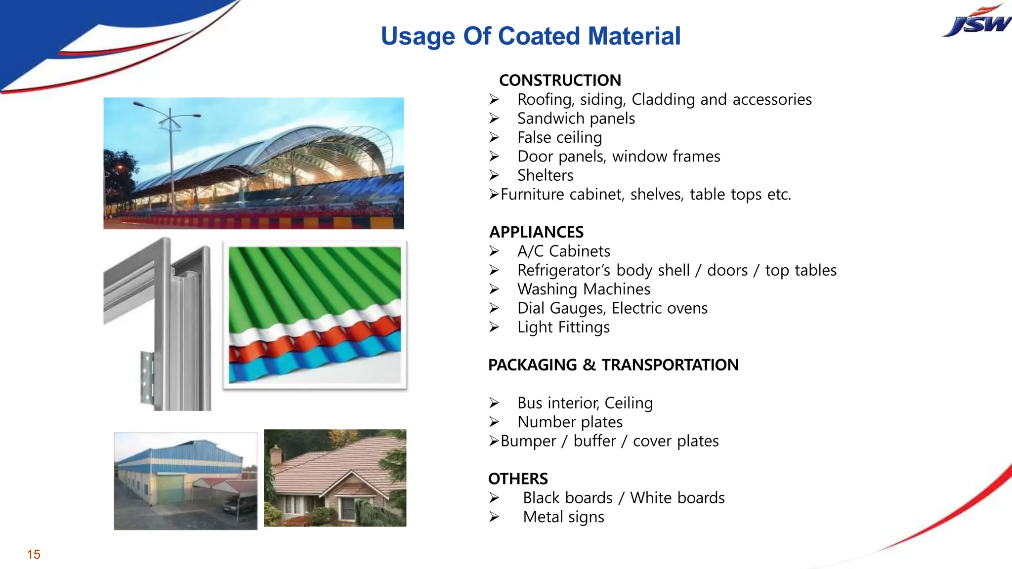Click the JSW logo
[x=976, y=23]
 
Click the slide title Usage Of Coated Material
[x=530, y=36]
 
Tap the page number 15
[x=34, y=554]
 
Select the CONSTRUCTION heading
[x=560, y=80]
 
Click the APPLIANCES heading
[x=536, y=232]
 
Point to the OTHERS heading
[x=518, y=479]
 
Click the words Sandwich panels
[x=576, y=119]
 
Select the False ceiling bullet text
[x=559, y=137]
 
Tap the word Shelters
[x=545, y=175]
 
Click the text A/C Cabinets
[x=563, y=251]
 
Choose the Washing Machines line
[x=584, y=289]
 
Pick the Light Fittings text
[x=563, y=327]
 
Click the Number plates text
[x=570, y=422]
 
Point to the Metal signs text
[x=563, y=517]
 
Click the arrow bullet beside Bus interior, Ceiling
[x=494, y=403]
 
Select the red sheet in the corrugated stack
[x=316, y=341]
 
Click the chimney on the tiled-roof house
[x=276, y=455]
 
